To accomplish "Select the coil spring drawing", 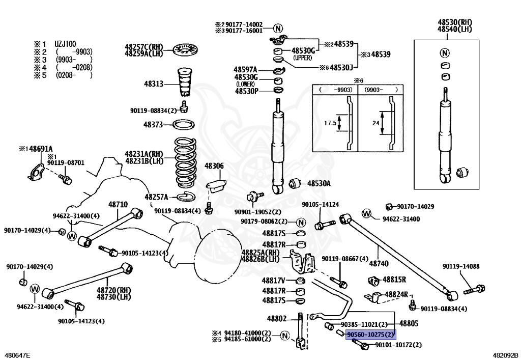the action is click(185, 162).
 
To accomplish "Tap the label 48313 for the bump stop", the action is click(154, 84).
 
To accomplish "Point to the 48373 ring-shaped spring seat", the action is click(183, 125).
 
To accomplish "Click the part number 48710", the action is click(118, 204).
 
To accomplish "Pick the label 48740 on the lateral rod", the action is click(379, 264).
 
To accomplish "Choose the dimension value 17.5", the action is click(330, 123).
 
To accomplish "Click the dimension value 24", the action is click(376, 123).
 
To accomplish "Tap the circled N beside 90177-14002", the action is click(278, 28).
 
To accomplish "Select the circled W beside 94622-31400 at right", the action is click(366, 213).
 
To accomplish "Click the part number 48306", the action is click(214, 166).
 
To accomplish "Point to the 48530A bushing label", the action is click(319, 183).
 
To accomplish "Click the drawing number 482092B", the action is click(505, 356).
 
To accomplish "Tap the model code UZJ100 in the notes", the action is click(66, 44).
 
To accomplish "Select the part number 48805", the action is click(409, 323).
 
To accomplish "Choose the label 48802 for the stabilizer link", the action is click(277, 319).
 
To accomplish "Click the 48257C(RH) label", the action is click(144, 47).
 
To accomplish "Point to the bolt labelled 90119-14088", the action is click(474, 290).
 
